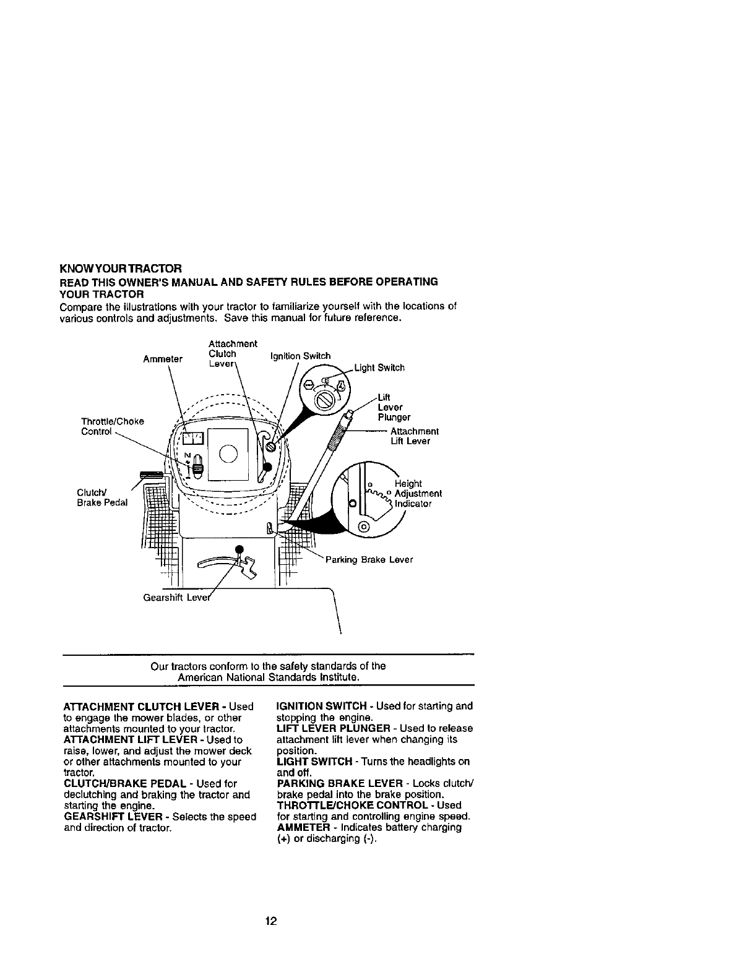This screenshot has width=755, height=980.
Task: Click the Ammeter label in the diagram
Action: click(x=163, y=359)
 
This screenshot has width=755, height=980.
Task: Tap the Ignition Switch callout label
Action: click(x=300, y=356)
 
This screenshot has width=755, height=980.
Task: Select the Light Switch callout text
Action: click(x=381, y=368)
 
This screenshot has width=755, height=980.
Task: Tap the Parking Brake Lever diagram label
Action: click(x=369, y=560)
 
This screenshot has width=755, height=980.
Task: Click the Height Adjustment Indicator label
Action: click(x=418, y=494)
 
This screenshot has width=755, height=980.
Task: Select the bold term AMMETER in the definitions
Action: click(x=301, y=827)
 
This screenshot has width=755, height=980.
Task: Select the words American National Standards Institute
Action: click(x=268, y=677)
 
